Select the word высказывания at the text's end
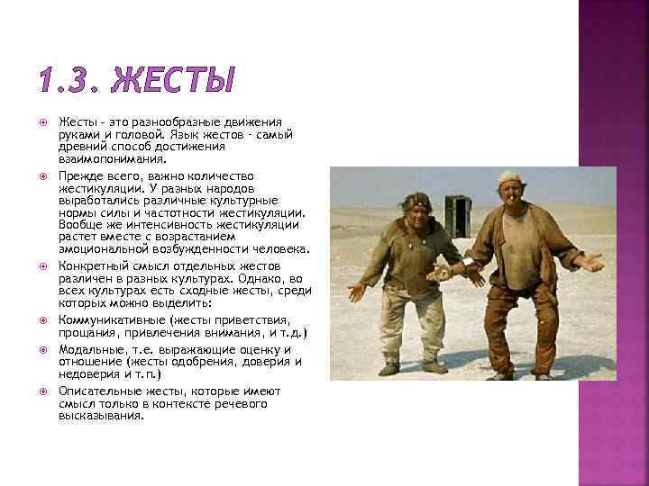(101, 417)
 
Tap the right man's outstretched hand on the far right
(590, 263)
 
